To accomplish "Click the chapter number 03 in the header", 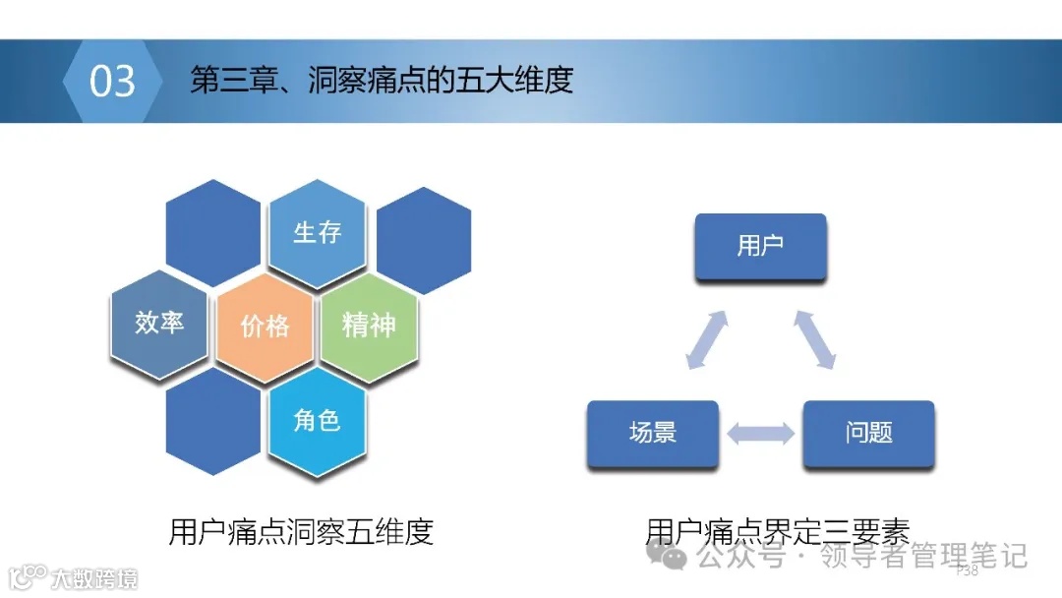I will click(x=112, y=81).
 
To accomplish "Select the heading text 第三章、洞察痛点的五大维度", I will click(x=382, y=81).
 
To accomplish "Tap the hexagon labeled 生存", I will click(x=317, y=232).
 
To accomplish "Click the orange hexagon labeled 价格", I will click(x=265, y=326).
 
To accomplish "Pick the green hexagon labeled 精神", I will click(x=369, y=326).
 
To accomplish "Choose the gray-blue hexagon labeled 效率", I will click(x=159, y=322).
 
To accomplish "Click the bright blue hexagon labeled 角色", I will click(x=317, y=420).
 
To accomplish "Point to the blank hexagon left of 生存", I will click(x=212, y=232).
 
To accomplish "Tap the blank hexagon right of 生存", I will click(x=424, y=239).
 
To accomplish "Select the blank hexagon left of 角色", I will click(x=212, y=421).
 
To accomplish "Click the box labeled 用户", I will click(x=760, y=246).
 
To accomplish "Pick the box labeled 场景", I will click(x=653, y=432).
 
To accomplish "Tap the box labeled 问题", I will click(x=868, y=432).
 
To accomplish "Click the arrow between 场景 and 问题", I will click(x=760, y=433).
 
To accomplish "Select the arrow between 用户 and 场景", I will click(x=707, y=340).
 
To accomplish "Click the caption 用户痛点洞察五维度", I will click(x=301, y=532).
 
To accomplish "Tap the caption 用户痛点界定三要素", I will click(x=777, y=532).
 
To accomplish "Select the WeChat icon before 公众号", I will click(x=675, y=557).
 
